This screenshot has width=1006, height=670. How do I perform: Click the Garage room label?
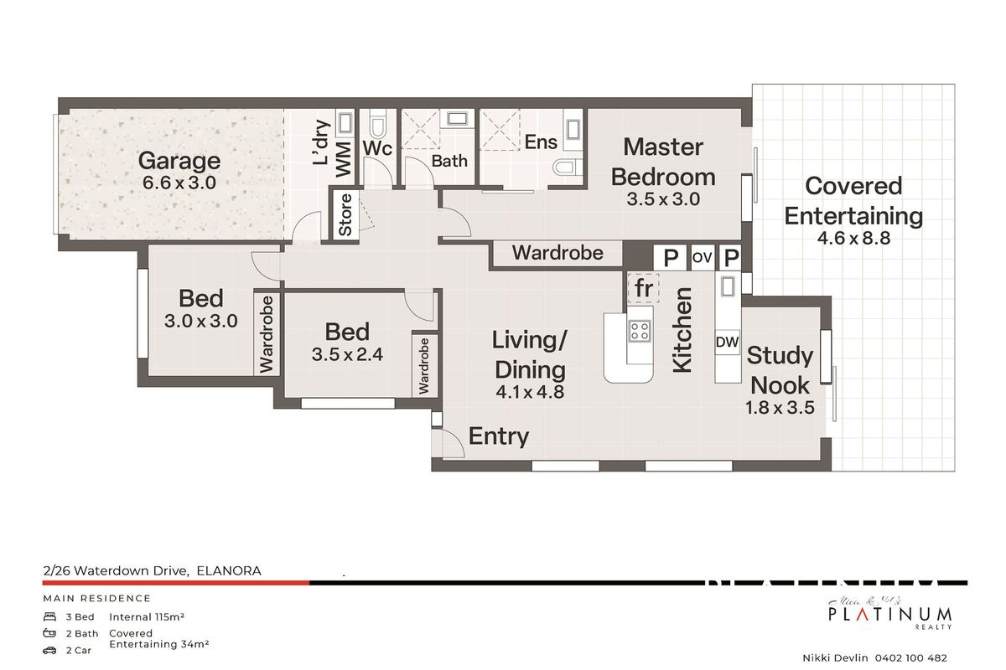(x=179, y=160)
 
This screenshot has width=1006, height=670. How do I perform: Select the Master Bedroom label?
(x=663, y=162)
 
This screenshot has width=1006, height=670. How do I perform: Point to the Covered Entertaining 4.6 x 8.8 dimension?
(x=853, y=238)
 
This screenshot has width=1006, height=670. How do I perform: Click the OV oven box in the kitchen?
(x=702, y=258)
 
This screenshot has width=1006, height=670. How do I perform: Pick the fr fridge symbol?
(x=644, y=288)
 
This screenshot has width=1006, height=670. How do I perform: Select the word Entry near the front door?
(x=499, y=436)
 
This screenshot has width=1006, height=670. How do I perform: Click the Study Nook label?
(x=780, y=370)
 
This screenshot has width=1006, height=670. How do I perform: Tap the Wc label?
(x=377, y=148)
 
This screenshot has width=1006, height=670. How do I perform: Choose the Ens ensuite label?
(x=541, y=142)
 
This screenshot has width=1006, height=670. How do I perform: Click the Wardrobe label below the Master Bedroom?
(x=557, y=252)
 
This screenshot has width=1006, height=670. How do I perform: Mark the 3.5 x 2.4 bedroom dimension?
(x=347, y=354)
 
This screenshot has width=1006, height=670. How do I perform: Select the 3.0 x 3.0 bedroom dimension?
(x=200, y=321)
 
